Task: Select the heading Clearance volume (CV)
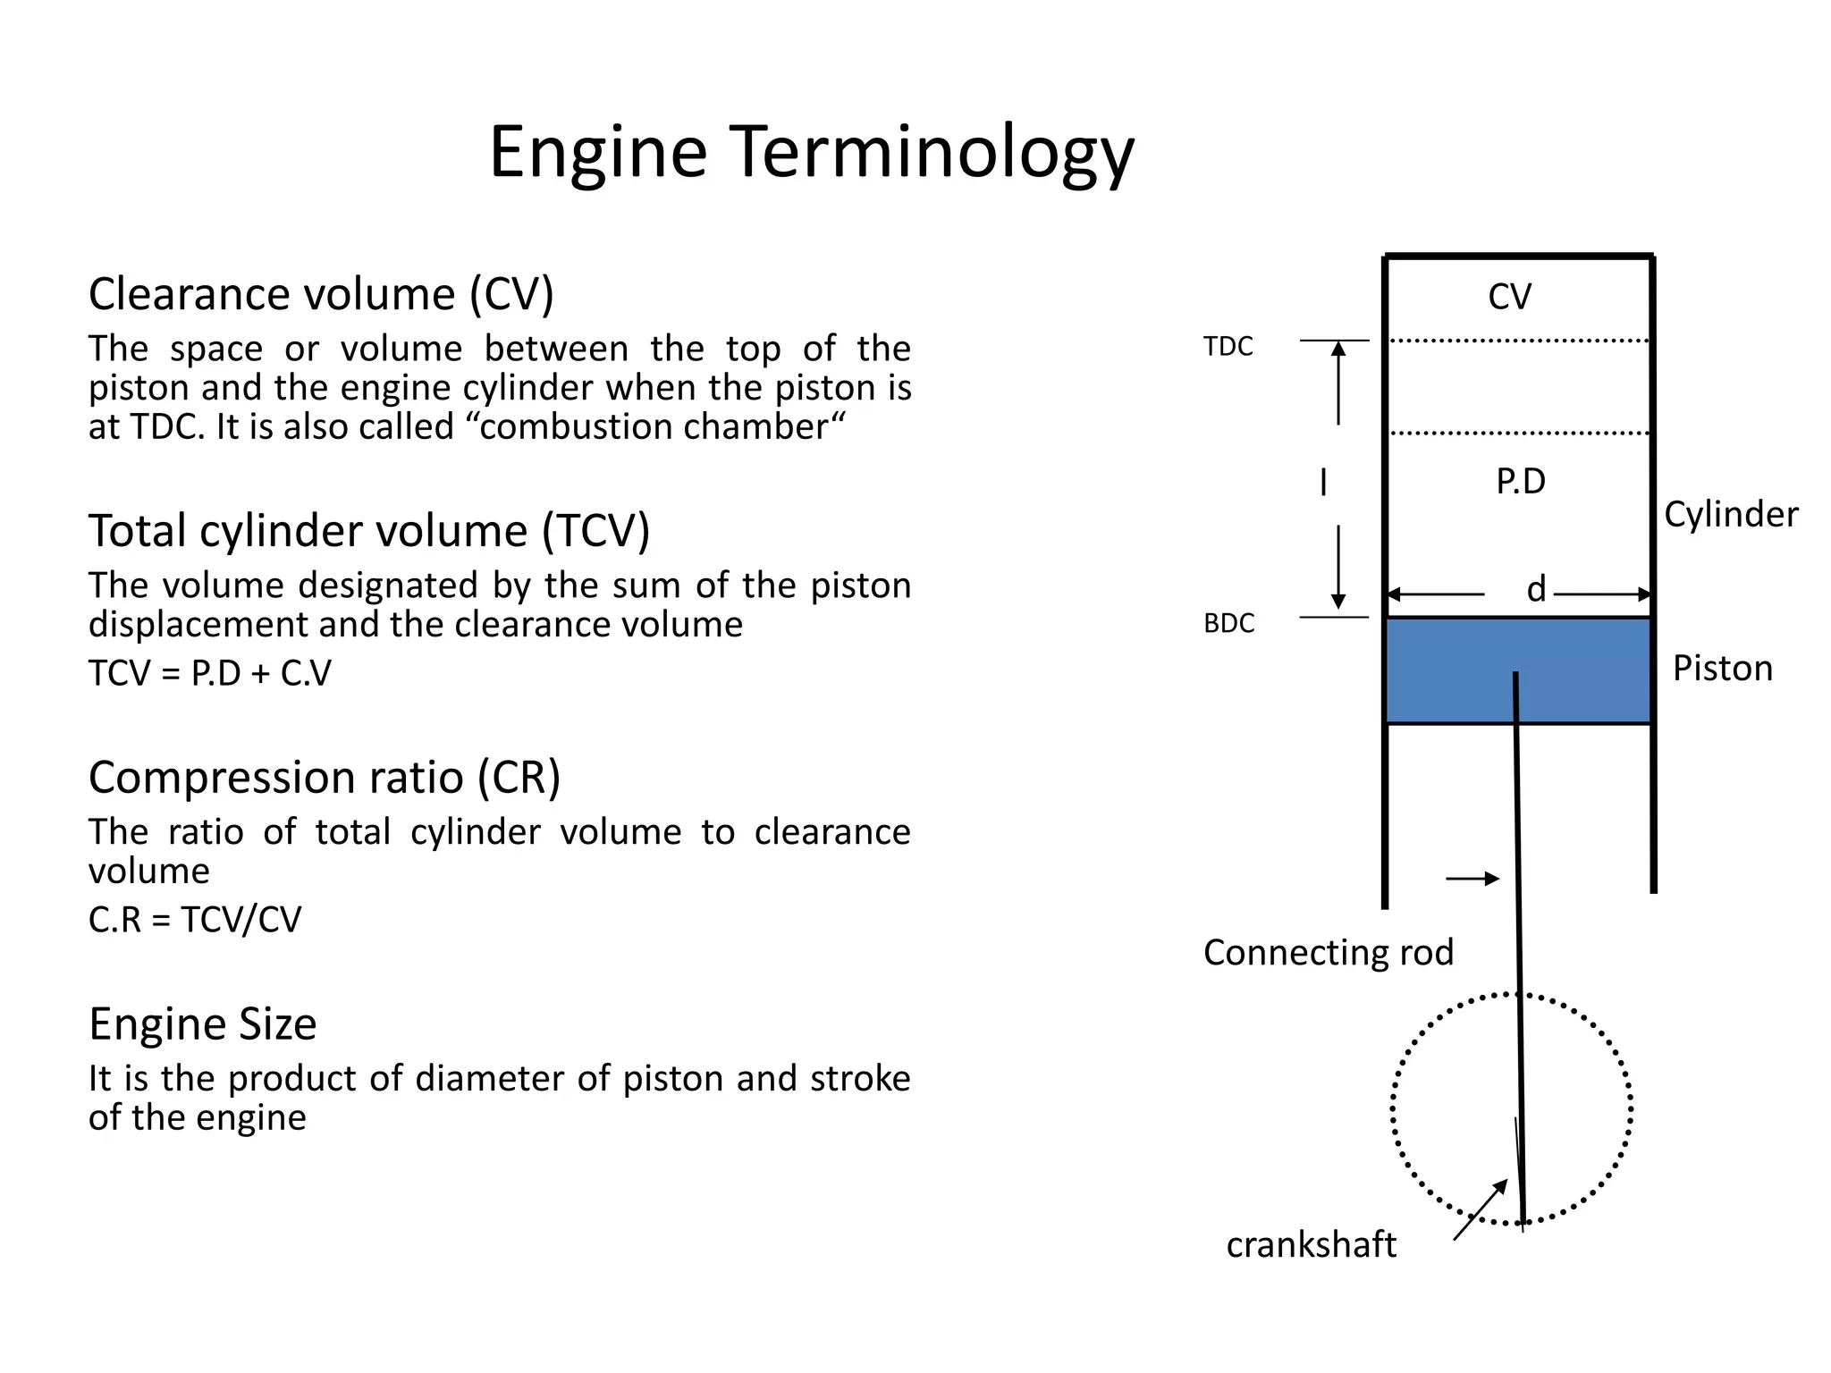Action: [x=321, y=294]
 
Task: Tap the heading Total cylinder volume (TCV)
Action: [x=368, y=531]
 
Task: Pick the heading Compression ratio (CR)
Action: [x=324, y=778]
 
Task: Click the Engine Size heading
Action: [x=202, y=1024]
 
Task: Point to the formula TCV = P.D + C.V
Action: [x=209, y=673]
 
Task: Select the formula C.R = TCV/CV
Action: [x=195, y=920]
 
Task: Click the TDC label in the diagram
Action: [x=1228, y=347]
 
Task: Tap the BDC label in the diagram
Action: [x=1228, y=623]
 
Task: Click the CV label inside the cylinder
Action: [x=1509, y=297]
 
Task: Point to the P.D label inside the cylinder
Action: [x=1520, y=482]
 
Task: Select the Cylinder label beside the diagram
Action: [x=1730, y=515]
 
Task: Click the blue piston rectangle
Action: [x=1448, y=670]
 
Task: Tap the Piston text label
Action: [x=1722, y=669]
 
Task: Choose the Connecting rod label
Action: [x=1328, y=953]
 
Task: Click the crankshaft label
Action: [x=1311, y=1245]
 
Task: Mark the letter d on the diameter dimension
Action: [x=1536, y=589]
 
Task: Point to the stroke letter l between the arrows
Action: [x=1323, y=483]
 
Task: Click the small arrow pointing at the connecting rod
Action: [x=1472, y=879]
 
